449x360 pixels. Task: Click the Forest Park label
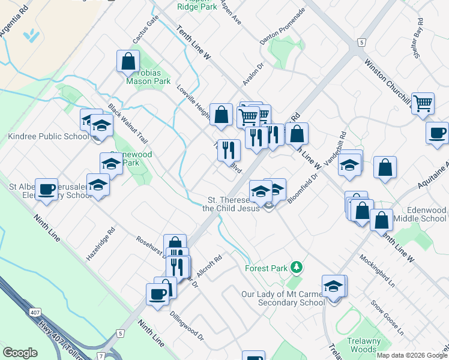coord(267,268)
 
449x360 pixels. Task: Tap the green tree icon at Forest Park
coord(295,266)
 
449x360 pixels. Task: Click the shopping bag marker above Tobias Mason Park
coord(128,61)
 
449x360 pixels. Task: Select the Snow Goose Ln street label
coord(387,319)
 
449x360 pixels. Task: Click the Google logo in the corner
coord(20,352)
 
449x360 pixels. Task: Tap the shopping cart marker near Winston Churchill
coord(423,103)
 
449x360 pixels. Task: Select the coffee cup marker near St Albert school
coord(46,189)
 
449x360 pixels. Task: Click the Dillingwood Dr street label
coord(187,326)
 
